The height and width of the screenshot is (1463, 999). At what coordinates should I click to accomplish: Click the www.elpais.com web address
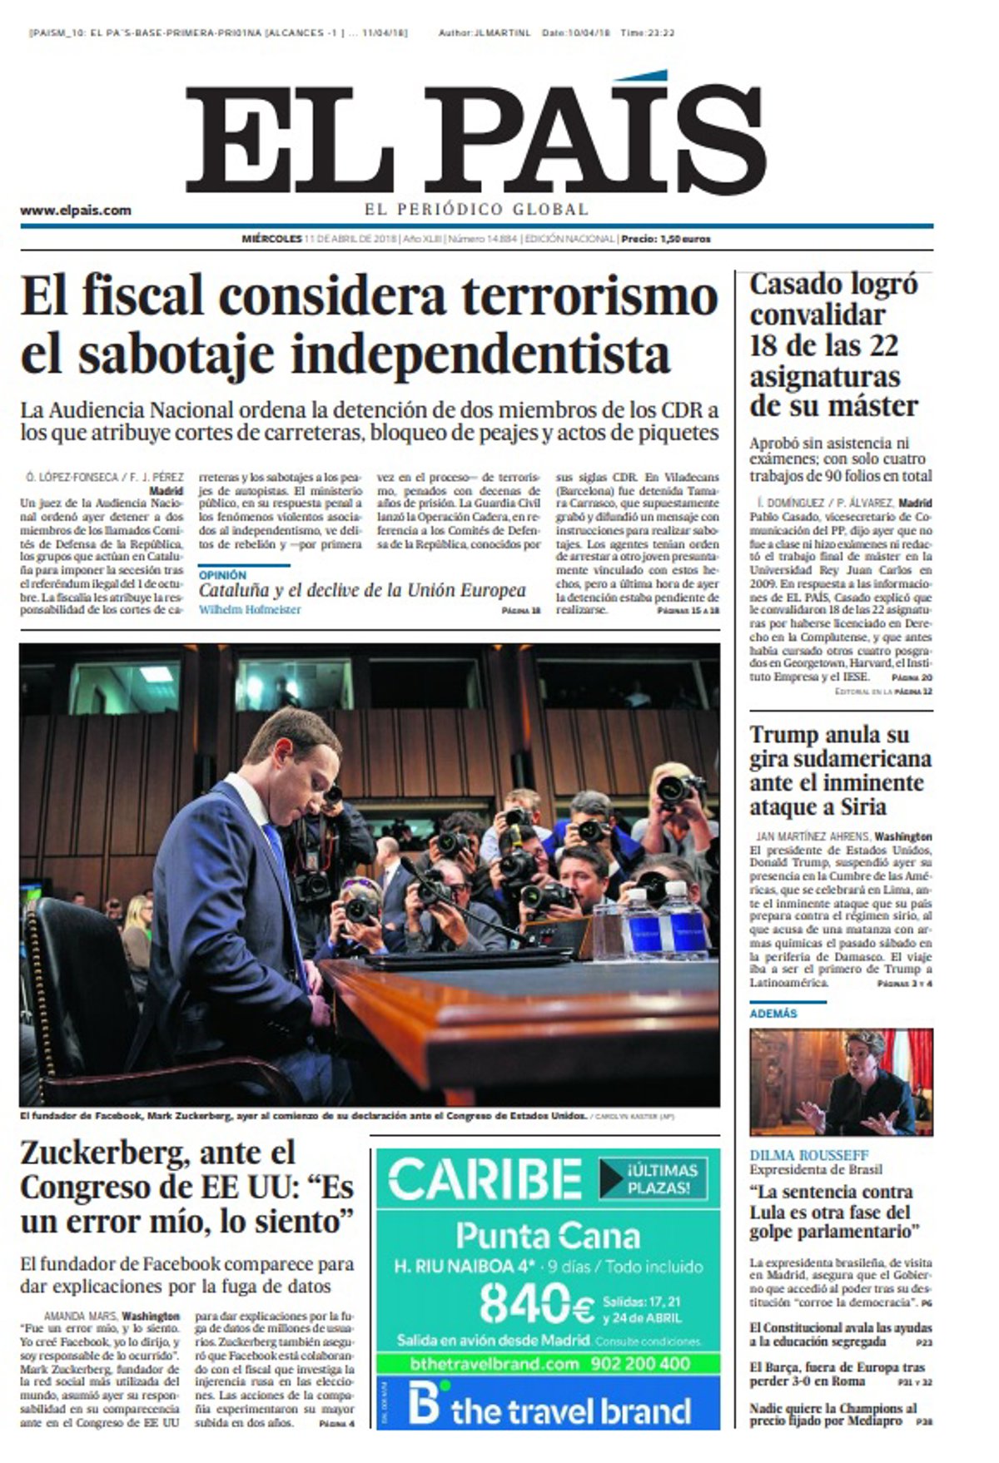pos(76,211)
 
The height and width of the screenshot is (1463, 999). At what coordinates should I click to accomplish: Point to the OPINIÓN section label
pos(222,575)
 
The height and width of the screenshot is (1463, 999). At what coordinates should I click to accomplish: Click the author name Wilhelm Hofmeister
pos(249,610)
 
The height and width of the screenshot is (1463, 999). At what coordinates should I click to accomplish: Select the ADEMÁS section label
pos(773,1014)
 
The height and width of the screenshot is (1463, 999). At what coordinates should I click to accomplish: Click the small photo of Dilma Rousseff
pos(841,1082)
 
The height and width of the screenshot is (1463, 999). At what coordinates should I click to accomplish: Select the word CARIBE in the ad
pos(485,1179)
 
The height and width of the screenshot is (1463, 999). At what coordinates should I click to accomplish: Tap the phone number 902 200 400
pos(640,1363)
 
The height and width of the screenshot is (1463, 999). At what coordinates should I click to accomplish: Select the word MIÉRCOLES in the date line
pos(271,239)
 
